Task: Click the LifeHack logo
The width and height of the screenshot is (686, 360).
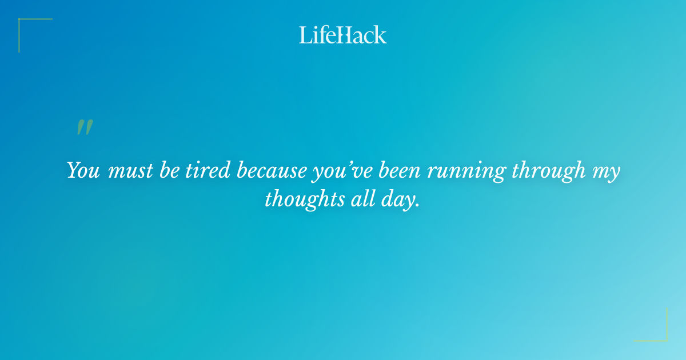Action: click(x=343, y=35)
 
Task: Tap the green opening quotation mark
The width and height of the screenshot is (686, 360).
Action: click(x=85, y=127)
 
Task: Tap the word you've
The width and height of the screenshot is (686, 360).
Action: click(x=342, y=171)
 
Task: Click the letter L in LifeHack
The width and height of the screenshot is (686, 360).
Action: click(x=305, y=35)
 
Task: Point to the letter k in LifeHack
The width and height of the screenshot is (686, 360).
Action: click(x=380, y=35)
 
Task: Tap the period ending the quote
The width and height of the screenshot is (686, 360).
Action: click(x=417, y=205)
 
